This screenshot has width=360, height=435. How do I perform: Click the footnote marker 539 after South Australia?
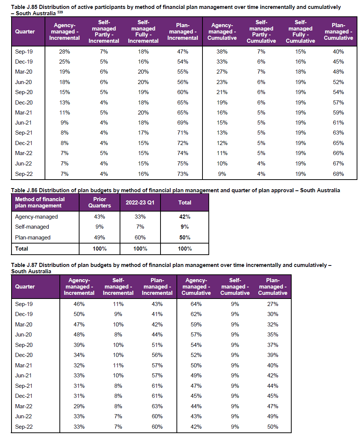coord(60,12)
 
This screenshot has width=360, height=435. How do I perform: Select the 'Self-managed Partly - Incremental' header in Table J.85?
coord(104,31)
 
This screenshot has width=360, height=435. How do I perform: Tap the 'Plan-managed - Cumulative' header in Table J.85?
coord(338,31)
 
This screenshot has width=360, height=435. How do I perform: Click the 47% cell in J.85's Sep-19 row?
coord(183,52)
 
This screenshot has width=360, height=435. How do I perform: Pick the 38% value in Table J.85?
coord(222,52)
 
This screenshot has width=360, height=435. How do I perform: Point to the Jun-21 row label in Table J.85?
coord(23,123)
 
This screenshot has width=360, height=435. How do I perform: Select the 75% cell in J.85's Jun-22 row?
coord(183,164)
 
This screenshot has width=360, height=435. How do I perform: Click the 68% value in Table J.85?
coord(338,174)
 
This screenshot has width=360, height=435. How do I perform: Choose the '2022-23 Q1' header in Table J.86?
coord(140,203)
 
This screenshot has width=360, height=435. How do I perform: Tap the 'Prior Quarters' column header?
coord(100,202)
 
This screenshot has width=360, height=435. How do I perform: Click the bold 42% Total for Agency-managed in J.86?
coord(185,217)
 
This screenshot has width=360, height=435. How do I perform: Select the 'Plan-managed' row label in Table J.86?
coord(33,238)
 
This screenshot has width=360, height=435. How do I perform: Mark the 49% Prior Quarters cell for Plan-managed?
coord(100,238)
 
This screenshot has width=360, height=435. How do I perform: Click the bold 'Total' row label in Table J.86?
coord(21,249)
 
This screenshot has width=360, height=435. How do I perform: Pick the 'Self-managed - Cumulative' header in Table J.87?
coord(235,287)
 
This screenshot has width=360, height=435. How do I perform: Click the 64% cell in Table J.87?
coord(196,304)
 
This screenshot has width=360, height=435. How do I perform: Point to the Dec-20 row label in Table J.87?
coord(24,355)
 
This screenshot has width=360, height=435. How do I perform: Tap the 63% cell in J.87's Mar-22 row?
coord(157,406)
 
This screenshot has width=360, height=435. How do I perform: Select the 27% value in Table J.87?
coord(273,304)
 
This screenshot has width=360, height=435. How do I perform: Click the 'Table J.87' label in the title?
coord(24,265)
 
